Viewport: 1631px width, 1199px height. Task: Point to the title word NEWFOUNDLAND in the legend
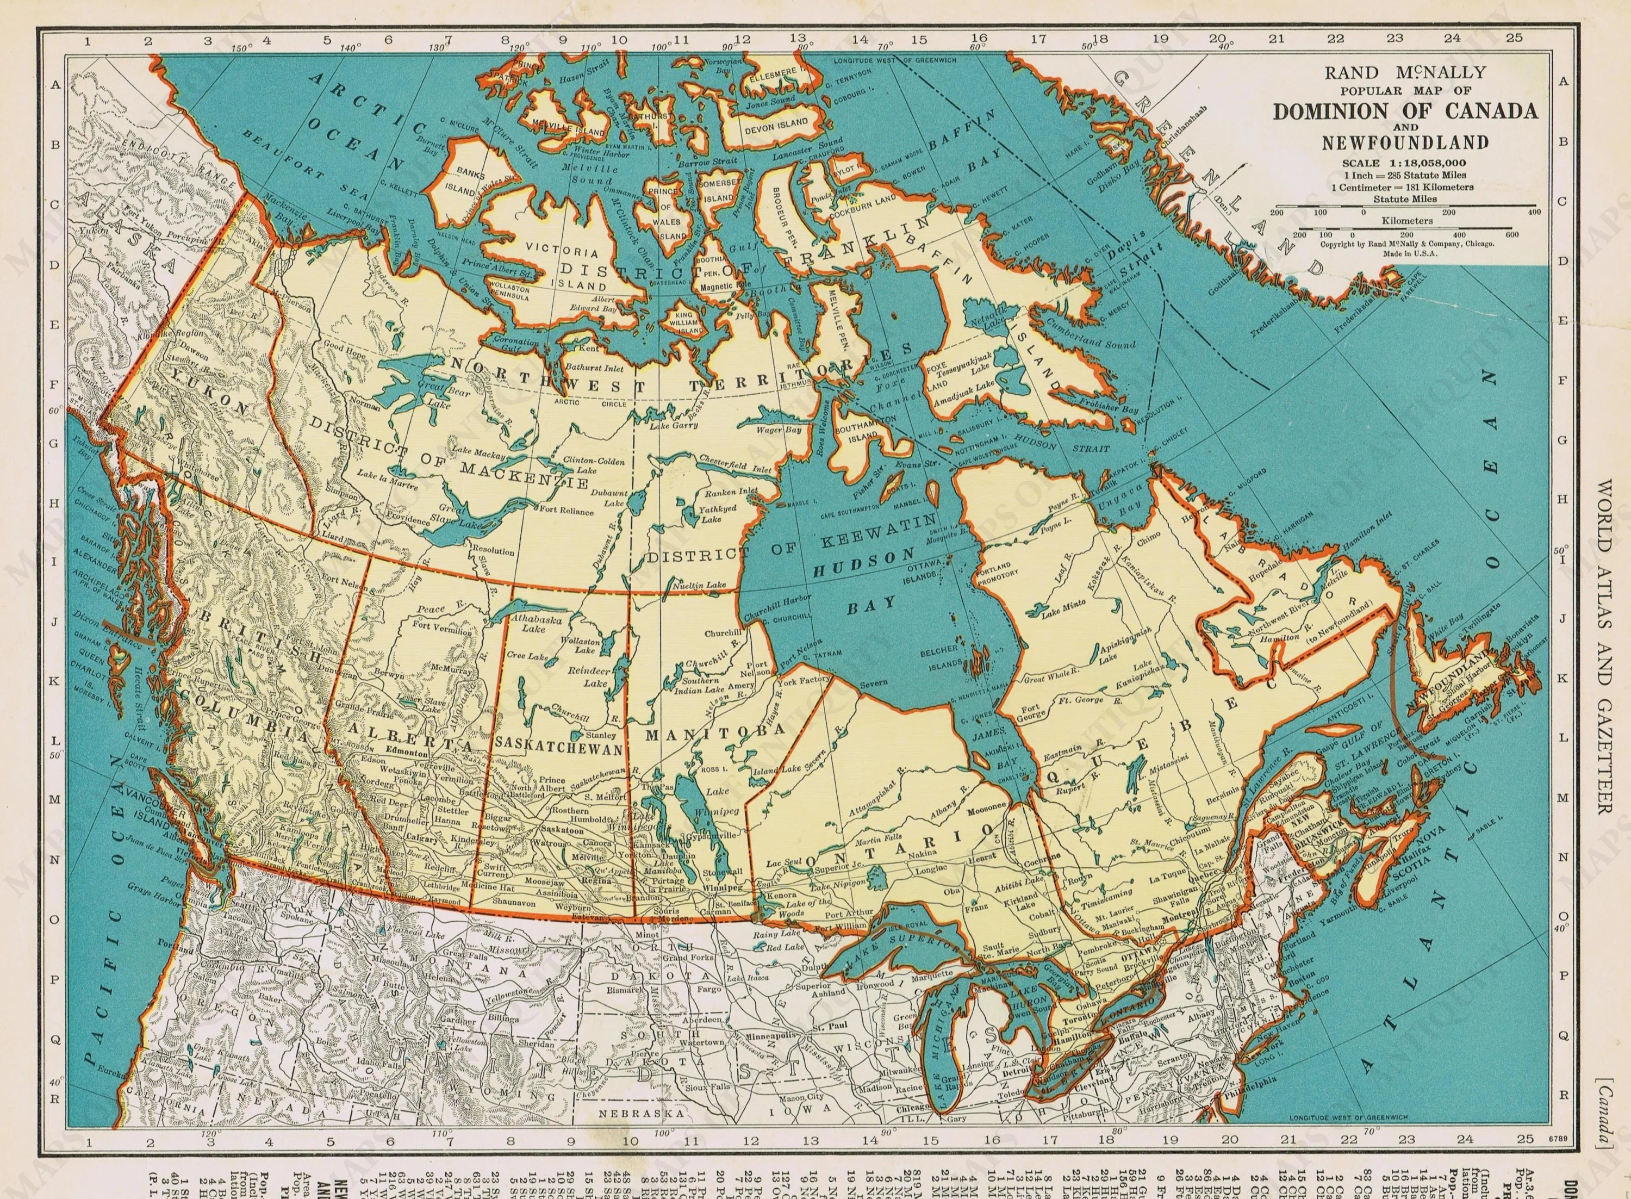coord(1405,142)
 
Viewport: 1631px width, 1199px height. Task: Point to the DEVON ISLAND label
coord(776,123)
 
